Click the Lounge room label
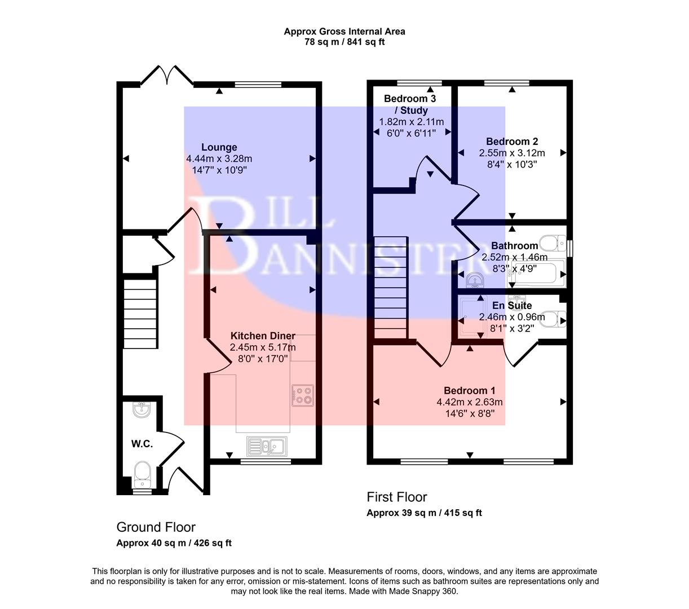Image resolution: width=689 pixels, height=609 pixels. coord(219,148)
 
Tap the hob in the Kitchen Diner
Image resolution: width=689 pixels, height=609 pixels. coord(303,395)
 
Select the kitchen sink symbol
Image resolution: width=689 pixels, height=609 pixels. coord(267,446)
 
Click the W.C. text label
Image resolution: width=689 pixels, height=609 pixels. coord(142,444)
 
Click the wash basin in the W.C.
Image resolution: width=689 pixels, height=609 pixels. coord(142,410)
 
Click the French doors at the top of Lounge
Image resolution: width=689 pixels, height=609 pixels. coord(167,76)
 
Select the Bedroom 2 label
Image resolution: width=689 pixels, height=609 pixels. coord(508,142)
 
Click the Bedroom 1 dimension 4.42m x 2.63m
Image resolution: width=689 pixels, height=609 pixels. coord(469,402)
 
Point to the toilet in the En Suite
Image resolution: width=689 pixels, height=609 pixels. coord(554,318)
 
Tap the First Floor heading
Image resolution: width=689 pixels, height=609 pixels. coord(396,497)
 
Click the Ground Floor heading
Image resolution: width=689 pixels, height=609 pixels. coord(156,527)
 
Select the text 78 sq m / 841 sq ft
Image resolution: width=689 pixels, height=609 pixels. coord(344,42)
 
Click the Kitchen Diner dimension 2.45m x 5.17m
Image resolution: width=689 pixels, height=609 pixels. coord(262,347)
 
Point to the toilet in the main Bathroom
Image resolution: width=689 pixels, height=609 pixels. coord(551,244)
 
